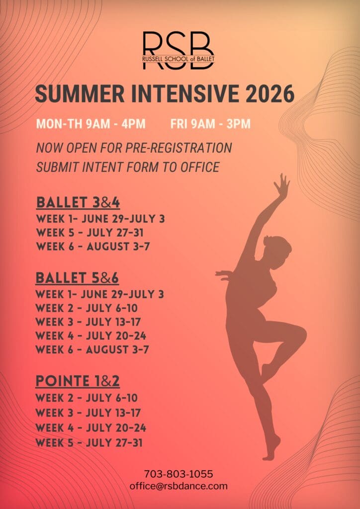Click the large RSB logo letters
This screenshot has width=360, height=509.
click(178, 50)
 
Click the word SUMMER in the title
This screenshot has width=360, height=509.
click(80, 94)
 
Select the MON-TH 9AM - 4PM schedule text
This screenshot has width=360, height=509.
click(91, 124)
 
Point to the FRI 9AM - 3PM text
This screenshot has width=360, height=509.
click(210, 124)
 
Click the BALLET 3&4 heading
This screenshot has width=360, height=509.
click(78, 203)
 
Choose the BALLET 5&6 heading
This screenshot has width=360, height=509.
click(77, 278)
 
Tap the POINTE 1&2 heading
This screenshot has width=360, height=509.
click(78, 381)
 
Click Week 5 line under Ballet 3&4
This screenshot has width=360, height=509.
click(90, 233)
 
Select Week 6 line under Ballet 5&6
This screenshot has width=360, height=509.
click(92, 349)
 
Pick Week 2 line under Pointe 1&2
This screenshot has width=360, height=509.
click(87, 398)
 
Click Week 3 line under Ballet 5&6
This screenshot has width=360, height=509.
click(88, 322)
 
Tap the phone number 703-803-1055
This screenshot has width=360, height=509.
click(179, 474)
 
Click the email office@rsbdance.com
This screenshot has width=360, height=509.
click(179, 486)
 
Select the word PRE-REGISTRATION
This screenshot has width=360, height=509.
click(179, 148)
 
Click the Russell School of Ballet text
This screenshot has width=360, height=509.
click(178, 59)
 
